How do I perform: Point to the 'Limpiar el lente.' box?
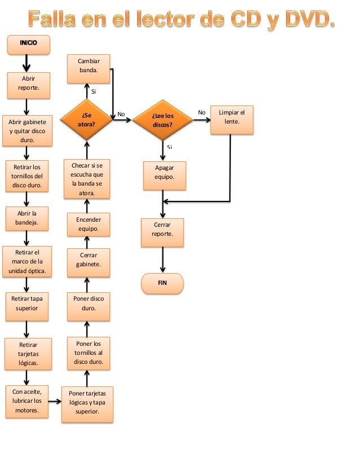pyautogui.click(x=231, y=120)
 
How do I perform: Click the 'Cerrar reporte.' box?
pyautogui.click(x=163, y=232)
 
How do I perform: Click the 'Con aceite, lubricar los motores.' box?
pyautogui.click(x=27, y=401)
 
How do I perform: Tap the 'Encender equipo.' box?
pyautogui.click(x=88, y=224)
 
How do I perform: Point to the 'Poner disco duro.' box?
pyautogui.click(x=88, y=305)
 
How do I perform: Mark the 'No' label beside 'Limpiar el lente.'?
pyautogui.click(x=201, y=113)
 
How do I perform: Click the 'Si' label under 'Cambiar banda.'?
pyautogui.click(x=93, y=91)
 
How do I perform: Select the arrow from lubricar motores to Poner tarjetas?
pyautogui.click(x=55, y=402)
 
